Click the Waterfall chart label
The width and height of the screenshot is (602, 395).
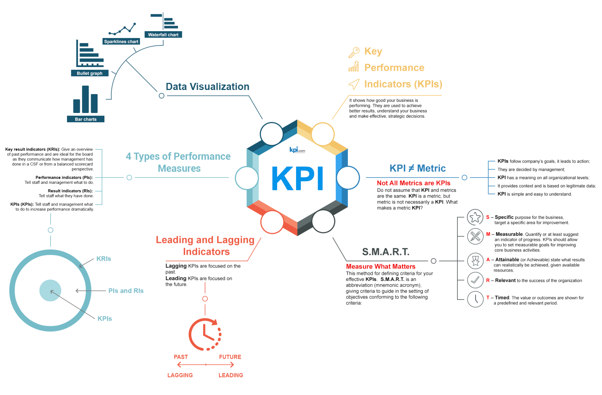pyautogui.click(x=163, y=35)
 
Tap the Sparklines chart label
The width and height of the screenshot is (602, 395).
pyautogui.click(x=121, y=41)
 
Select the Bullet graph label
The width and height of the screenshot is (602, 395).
pyautogui.click(x=90, y=73)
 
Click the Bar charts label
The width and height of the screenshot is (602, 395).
pyautogui.click(x=86, y=119)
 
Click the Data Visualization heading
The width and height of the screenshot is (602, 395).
pyautogui.click(x=208, y=87)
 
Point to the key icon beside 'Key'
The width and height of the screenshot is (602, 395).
pyautogui.click(x=354, y=52)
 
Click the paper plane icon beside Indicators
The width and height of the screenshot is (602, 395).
pyautogui.click(x=354, y=84)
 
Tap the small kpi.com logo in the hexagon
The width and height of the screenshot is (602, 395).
pyautogui.click(x=297, y=150)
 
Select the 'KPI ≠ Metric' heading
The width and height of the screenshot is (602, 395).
pyautogui.click(x=417, y=168)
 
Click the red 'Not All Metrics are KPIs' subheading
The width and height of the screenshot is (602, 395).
pyautogui.click(x=413, y=183)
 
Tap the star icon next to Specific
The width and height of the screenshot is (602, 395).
pyautogui.click(x=475, y=217)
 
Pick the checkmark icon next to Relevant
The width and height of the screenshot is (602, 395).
pyautogui.click(x=475, y=280)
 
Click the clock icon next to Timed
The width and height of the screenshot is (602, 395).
pyautogui.click(x=475, y=299)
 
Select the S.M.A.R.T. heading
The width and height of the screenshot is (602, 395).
pyautogui.click(x=386, y=252)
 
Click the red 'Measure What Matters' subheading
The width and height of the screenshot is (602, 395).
pyautogui.click(x=381, y=266)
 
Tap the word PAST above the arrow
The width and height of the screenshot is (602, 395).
pyautogui.click(x=181, y=357)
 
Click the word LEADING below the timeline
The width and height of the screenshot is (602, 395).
pyautogui.click(x=231, y=375)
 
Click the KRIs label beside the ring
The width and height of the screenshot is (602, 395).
pyautogui.click(x=104, y=259)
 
